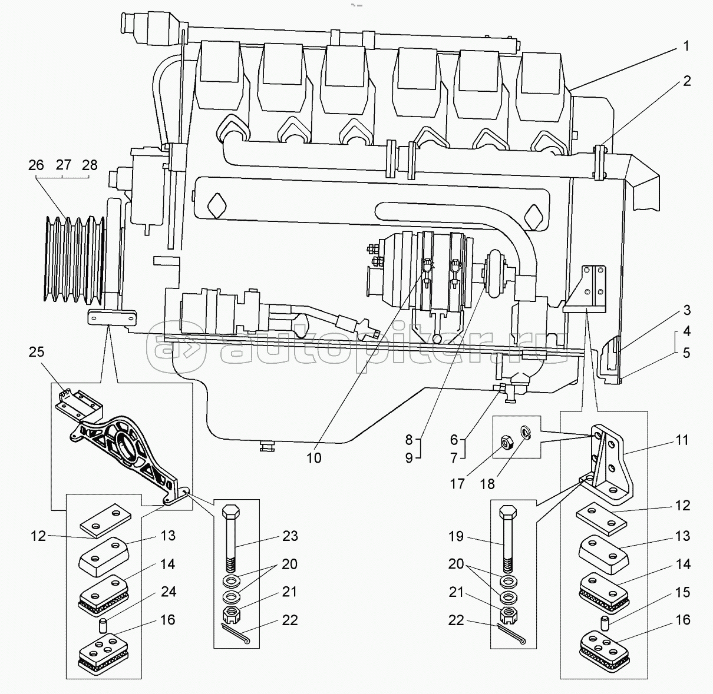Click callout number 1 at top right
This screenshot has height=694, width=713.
pyautogui.click(x=686, y=47)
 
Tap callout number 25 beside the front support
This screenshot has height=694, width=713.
pyautogui.click(x=37, y=352)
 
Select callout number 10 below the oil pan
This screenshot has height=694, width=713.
pyautogui.click(x=314, y=458)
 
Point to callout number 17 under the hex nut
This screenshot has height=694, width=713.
pyautogui.click(x=457, y=484)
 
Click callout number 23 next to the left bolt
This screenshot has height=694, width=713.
pyautogui.click(x=290, y=536)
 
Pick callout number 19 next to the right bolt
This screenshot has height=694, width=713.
pyautogui.click(x=456, y=536)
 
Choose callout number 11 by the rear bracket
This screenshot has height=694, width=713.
pyautogui.click(x=682, y=440)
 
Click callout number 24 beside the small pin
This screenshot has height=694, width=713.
pyautogui.click(x=169, y=592)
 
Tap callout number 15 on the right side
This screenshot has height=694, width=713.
pyautogui.click(x=682, y=592)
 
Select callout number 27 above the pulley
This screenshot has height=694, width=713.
pyautogui.click(x=64, y=165)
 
